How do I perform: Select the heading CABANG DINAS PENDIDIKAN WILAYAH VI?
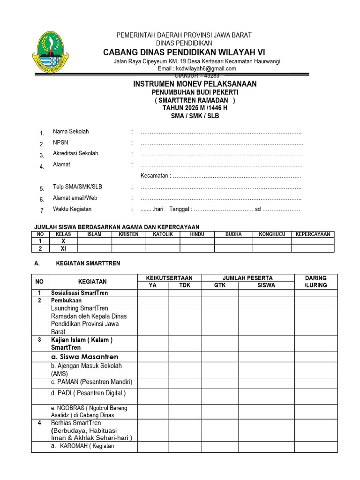[x=184, y=52]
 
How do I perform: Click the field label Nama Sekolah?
[x=71, y=132]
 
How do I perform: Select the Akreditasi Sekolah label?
[x=75, y=153]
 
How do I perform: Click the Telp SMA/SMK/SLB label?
[x=77, y=187]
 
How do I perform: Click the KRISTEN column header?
[x=128, y=234]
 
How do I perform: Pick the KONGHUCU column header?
[x=272, y=234]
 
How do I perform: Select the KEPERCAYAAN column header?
[x=313, y=234]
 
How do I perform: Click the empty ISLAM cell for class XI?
[x=94, y=249]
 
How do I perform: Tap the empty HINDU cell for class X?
[x=197, y=241]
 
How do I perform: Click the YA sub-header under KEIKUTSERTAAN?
[x=153, y=285]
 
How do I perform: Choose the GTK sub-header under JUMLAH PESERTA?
[x=220, y=285]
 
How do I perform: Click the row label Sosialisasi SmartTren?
[x=79, y=293]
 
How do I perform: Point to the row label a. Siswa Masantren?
[x=84, y=357]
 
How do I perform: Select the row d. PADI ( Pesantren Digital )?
[x=88, y=393]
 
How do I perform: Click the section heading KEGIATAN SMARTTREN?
[x=88, y=263]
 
